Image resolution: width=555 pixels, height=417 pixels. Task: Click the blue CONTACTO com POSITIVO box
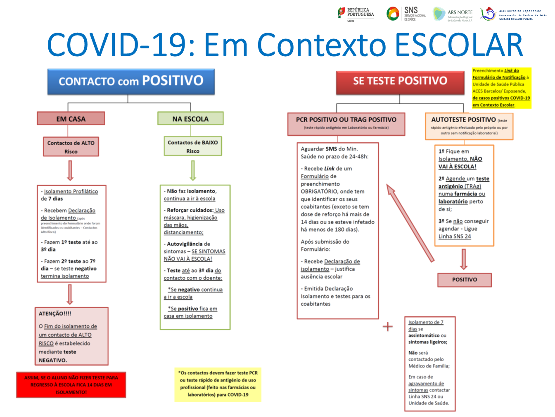coord(131,81)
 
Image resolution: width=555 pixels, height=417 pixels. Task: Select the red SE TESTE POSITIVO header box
coord(400,81)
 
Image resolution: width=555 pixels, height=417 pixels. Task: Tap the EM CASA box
coord(71,119)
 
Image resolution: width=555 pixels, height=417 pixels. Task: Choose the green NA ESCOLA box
coord(190,119)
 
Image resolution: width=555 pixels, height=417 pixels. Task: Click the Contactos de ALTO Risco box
coord(71,147)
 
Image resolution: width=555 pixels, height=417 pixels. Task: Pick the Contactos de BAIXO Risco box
coord(192,146)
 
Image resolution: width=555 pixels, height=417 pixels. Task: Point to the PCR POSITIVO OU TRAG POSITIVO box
coord(346,123)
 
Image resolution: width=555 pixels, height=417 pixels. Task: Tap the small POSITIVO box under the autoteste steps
coord(465,280)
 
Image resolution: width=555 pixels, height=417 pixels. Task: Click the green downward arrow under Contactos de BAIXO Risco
coord(193,170)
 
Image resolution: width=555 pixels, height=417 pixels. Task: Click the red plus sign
coord(388,327)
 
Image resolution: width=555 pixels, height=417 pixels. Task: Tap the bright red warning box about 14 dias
coord(71,385)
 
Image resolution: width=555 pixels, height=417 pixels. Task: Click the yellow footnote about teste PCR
coord(218,384)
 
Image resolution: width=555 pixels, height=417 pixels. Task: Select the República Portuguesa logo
coord(356,14)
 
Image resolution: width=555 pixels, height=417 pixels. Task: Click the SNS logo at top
coord(406,13)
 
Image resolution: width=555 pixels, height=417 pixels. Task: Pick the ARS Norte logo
coord(453,14)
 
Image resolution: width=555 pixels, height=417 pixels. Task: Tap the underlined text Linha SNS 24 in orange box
coord(455,236)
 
